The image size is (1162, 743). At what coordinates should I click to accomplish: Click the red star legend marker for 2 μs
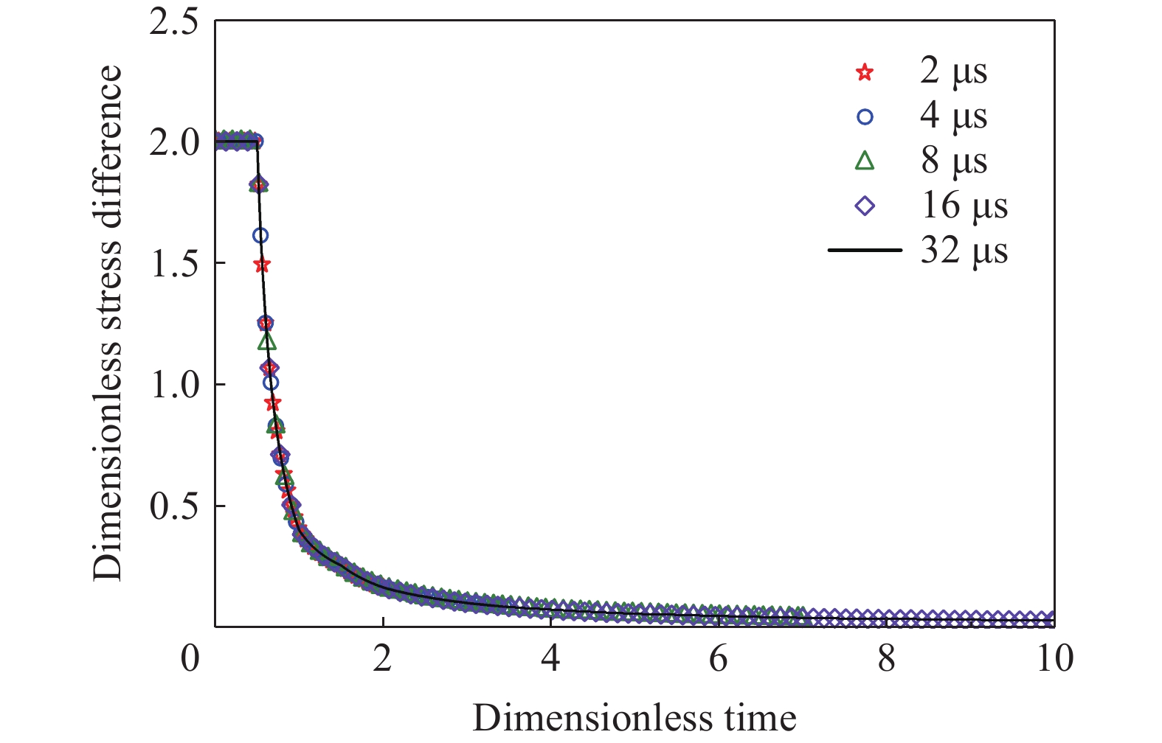[865, 72]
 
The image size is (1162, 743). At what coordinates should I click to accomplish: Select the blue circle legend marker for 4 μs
[865, 116]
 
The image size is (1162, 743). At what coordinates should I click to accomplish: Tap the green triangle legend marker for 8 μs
[865, 161]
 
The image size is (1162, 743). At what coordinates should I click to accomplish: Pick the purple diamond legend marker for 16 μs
[865, 206]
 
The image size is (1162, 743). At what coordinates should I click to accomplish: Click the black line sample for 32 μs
[865, 251]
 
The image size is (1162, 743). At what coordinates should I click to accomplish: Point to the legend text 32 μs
[964, 251]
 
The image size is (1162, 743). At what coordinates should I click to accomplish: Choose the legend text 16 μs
[964, 206]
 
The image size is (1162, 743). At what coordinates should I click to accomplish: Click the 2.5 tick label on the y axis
[174, 22]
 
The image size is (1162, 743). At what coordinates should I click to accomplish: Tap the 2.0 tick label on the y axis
[174, 142]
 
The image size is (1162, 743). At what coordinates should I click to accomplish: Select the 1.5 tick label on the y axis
[174, 264]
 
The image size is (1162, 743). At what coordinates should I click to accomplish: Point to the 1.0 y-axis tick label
[174, 385]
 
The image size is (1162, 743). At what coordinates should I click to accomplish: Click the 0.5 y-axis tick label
[174, 506]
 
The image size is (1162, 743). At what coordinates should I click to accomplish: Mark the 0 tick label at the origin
[190, 658]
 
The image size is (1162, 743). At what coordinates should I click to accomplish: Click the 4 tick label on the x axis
[550, 658]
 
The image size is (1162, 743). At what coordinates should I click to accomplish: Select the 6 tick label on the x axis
[719, 658]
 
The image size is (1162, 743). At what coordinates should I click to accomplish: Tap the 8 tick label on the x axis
[887, 658]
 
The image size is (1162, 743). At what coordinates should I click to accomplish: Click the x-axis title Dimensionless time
[634, 717]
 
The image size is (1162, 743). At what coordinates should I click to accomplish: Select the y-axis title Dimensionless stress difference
[108, 323]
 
